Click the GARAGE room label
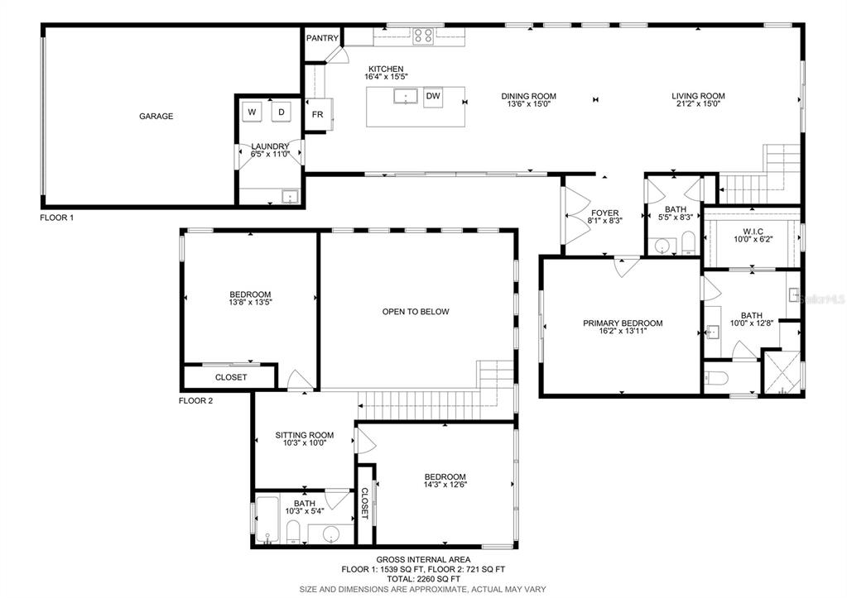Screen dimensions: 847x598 click(x=156, y=116)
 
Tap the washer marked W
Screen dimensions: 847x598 click(x=252, y=112)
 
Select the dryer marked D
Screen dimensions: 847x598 click(x=282, y=112)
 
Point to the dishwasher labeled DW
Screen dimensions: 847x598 click(x=433, y=97)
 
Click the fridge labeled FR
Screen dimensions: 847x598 click(x=318, y=114)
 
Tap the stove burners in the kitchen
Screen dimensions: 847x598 click(x=423, y=36)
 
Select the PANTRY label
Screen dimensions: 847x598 click(x=322, y=38)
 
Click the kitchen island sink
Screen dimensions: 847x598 click(x=405, y=97)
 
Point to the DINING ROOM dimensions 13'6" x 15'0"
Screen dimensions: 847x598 click(x=528, y=104)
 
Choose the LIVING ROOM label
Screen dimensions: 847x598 click(x=698, y=96)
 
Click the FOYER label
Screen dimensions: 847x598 click(x=605, y=213)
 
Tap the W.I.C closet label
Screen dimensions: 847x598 click(x=753, y=232)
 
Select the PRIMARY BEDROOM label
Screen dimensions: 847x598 click(x=623, y=323)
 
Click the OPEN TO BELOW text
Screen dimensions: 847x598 click(x=416, y=312)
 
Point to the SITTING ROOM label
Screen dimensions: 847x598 click(x=305, y=435)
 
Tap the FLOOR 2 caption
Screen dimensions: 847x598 click(x=196, y=400)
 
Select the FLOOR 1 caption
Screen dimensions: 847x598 click(x=57, y=218)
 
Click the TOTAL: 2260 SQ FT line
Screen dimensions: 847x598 click(x=424, y=579)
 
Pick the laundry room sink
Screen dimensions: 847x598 click(x=290, y=197)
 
